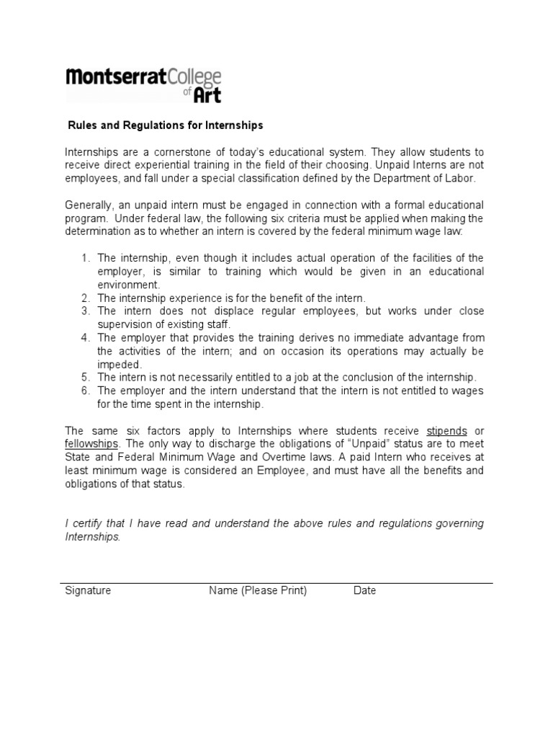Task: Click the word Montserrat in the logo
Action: coord(116,78)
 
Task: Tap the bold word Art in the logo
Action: coord(207,94)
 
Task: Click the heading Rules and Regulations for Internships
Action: coord(166,125)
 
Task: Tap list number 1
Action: coord(85,258)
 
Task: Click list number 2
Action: coord(85,298)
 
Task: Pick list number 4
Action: coord(85,338)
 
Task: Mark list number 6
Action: coord(85,391)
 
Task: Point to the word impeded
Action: coord(119,364)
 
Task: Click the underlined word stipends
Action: coord(447,431)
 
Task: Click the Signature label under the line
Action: coord(88,590)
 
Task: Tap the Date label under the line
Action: coord(364,590)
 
